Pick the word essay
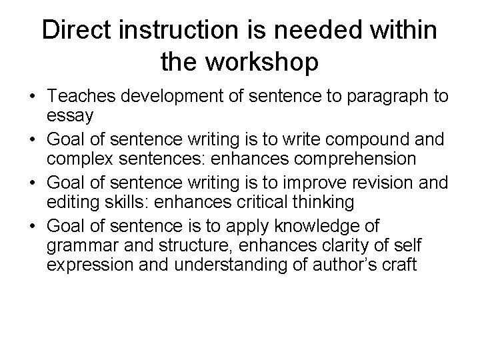[70, 115]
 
